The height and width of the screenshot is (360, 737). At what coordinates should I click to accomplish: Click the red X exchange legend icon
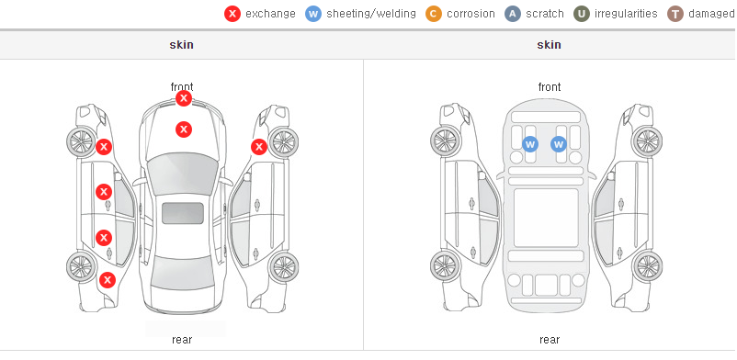(x=232, y=14)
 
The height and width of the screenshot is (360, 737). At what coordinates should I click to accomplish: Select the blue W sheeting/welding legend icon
(x=313, y=14)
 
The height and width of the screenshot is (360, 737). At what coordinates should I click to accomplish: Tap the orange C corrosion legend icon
(x=434, y=14)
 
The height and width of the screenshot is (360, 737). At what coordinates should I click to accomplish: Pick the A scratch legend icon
(x=513, y=14)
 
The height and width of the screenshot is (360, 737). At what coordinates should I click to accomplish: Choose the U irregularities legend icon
(x=582, y=14)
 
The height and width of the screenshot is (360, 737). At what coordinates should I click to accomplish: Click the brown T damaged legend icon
(x=675, y=14)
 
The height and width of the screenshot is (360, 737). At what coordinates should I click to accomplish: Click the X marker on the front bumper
(x=184, y=98)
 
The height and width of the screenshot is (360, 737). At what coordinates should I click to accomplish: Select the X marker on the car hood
(x=184, y=129)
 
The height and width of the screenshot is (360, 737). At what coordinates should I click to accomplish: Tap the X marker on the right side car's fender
(x=259, y=147)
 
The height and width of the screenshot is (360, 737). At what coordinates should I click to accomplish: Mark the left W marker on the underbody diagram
(x=530, y=144)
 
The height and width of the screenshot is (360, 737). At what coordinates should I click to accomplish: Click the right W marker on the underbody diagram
(x=559, y=144)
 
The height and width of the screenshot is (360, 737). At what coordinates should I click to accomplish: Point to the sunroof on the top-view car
(x=183, y=213)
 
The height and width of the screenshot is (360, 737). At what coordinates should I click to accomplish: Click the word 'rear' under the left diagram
(x=182, y=340)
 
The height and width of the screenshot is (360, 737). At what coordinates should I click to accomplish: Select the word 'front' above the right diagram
(x=550, y=87)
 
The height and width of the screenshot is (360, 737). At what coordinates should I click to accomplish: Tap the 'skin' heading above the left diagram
(x=181, y=45)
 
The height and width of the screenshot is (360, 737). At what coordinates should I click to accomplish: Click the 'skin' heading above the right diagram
(x=549, y=45)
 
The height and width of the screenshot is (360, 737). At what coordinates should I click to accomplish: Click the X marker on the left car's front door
(x=104, y=192)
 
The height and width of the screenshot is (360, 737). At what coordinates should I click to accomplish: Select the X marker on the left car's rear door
(x=104, y=238)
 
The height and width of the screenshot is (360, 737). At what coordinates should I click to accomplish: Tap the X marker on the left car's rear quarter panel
(x=108, y=281)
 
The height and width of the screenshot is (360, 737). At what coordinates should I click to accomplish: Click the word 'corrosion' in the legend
(x=471, y=14)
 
